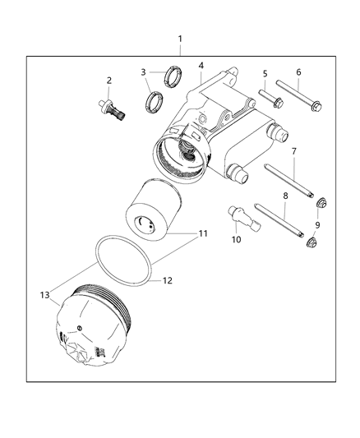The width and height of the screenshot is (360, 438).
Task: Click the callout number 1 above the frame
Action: coord(181,39)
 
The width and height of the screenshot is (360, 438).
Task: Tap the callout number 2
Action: coord(108,81)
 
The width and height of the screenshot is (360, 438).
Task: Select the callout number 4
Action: coord(201,66)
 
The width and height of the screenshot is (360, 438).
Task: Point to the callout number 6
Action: coord(298,72)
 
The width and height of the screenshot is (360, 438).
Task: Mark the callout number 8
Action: coord(284,197)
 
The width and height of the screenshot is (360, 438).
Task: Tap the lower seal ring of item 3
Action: coord(152,104)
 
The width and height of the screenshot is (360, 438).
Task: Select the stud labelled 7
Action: coord(289,181)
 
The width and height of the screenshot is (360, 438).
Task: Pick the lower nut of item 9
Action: coord(312,242)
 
